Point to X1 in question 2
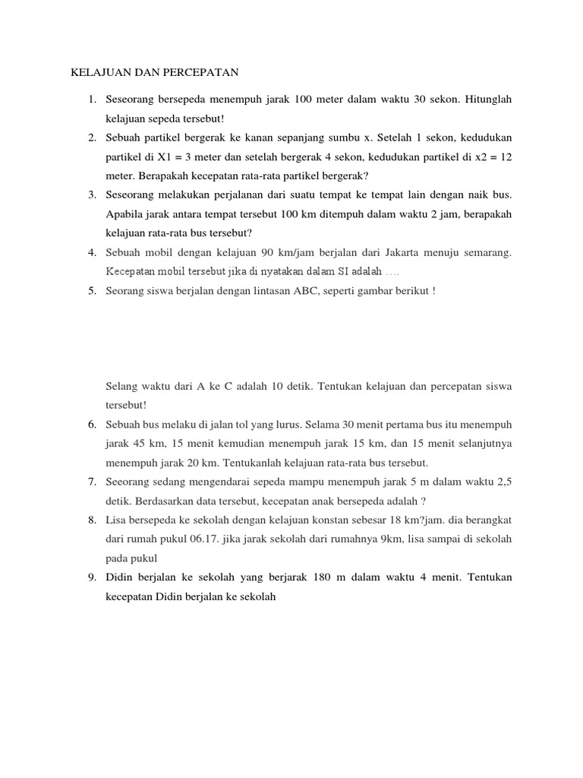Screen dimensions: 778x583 165,157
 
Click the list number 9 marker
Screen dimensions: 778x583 91,577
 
